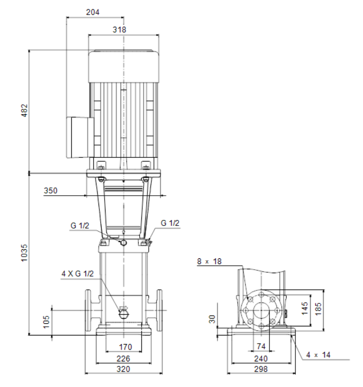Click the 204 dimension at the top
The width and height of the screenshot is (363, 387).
(x=93, y=12)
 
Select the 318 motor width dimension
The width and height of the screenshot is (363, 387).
(x=119, y=29)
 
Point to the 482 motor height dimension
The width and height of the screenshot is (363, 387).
(x=24, y=110)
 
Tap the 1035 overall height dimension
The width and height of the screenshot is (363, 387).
(x=24, y=253)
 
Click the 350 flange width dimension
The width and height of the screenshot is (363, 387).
(x=51, y=190)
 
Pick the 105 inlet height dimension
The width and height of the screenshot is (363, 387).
(x=46, y=322)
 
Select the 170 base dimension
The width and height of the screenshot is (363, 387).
(x=125, y=347)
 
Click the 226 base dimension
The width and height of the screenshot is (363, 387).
(x=123, y=358)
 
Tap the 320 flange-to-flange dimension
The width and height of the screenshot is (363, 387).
(x=123, y=369)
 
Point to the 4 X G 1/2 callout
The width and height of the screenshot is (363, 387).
(x=77, y=274)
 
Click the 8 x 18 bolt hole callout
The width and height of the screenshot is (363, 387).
(x=209, y=261)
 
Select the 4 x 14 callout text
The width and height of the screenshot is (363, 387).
(x=318, y=355)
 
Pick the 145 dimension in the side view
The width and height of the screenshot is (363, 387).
(x=305, y=308)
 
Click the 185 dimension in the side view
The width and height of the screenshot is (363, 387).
(x=318, y=309)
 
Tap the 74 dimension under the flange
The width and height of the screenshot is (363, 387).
(x=261, y=346)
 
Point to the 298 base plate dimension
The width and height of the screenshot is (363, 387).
(x=261, y=369)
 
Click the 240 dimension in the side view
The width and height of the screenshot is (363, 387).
(x=261, y=358)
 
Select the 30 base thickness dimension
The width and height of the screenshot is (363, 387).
(x=212, y=319)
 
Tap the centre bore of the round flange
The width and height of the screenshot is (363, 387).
(x=261, y=310)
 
